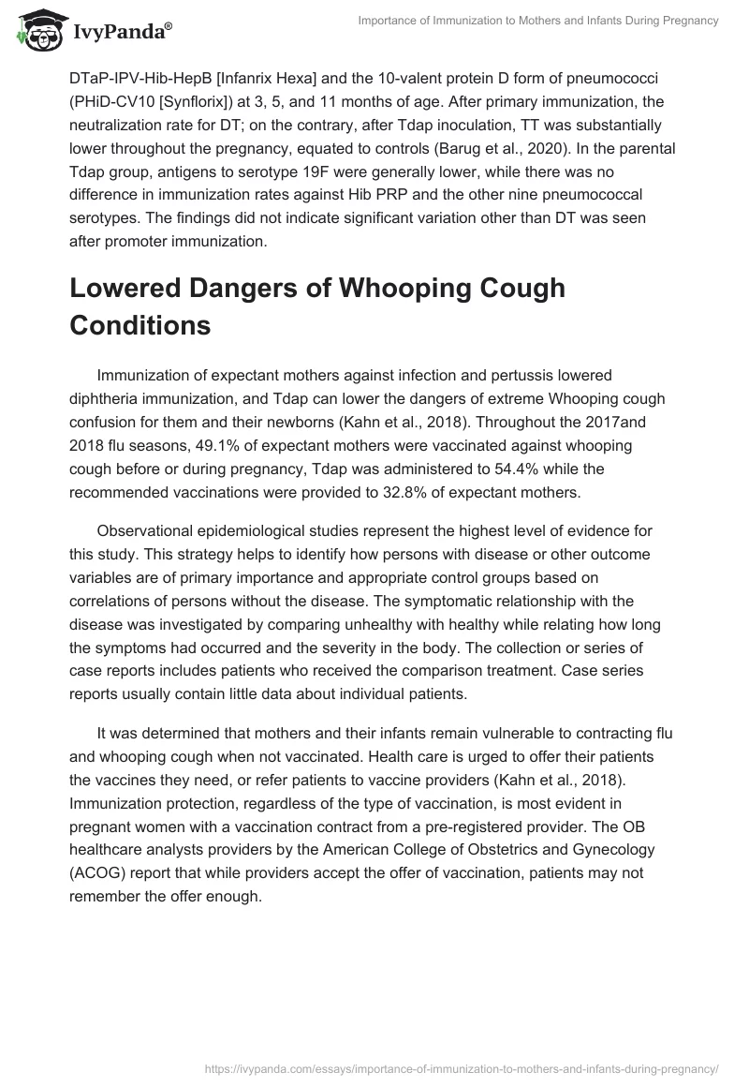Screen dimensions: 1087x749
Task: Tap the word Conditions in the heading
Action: pos(140,326)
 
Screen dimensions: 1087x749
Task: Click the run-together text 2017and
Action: pos(617,422)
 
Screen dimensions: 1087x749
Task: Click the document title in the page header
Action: pos(537,21)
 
